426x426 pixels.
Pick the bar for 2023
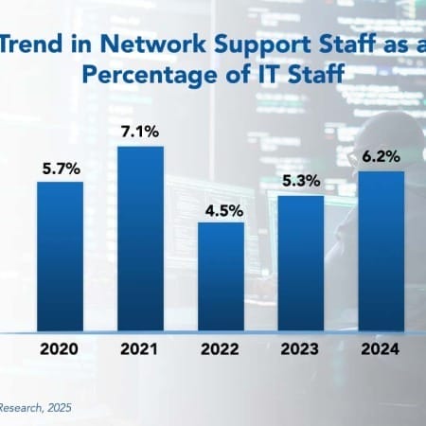(x=302, y=265)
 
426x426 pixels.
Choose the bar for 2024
(x=382, y=251)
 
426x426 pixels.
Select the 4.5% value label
(x=222, y=208)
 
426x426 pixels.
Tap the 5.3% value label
(x=302, y=184)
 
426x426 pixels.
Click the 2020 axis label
(x=61, y=349)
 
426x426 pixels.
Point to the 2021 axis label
(x=141, y=349)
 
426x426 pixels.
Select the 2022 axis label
(x=222, y=349)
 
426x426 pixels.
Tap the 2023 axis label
(x=302, y=349)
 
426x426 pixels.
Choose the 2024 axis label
(x=382, y=349)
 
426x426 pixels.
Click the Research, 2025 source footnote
(x=36, y=407)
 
